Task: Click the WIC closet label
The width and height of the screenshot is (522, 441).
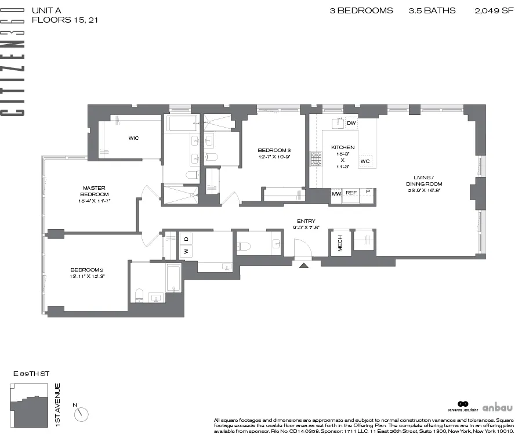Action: click(x=133, y=138)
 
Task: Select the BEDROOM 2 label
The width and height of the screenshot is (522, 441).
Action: click(x=87, y=273)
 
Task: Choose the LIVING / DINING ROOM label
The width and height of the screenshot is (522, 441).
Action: click(x=420, y=180)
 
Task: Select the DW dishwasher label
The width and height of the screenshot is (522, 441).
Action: click(x=351, y=124)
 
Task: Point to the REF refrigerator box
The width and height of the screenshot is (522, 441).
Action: click(x=351, y=193)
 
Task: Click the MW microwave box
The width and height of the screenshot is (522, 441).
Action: click(x=336, y=193)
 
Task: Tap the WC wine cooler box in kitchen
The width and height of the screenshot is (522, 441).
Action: click(x=365, y=161)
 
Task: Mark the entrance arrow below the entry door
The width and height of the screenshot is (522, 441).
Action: click(x=302, y=265)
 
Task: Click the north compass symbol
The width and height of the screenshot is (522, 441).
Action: click(x=82, y=414)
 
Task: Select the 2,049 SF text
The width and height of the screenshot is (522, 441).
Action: click(x=494, y=10)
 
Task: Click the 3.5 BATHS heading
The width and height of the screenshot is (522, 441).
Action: click(x=432, y=10)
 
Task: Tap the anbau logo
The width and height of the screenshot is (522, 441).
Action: click(x=496, y=407)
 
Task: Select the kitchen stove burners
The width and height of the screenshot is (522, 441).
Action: click(x=316, y=159)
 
